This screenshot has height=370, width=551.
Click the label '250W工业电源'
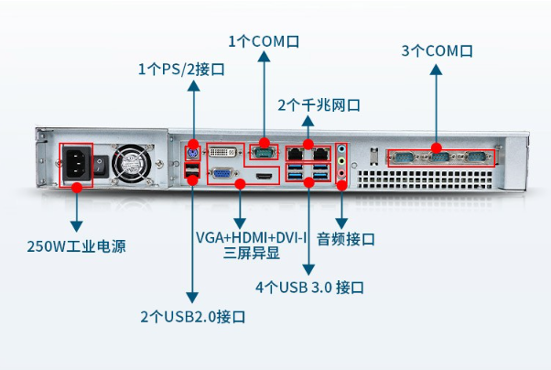point(76,246)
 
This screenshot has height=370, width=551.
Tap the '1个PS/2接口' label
point(181,69)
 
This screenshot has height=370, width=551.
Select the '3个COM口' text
point(437,50)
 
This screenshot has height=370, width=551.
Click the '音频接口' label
point(346,240)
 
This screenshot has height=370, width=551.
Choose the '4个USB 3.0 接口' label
point(310,288)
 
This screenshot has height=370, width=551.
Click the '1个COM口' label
point(264,41)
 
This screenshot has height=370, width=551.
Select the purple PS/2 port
point(192,150)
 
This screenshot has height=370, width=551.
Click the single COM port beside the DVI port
point(265,150)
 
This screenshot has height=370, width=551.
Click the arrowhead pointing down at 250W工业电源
point(76,224)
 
